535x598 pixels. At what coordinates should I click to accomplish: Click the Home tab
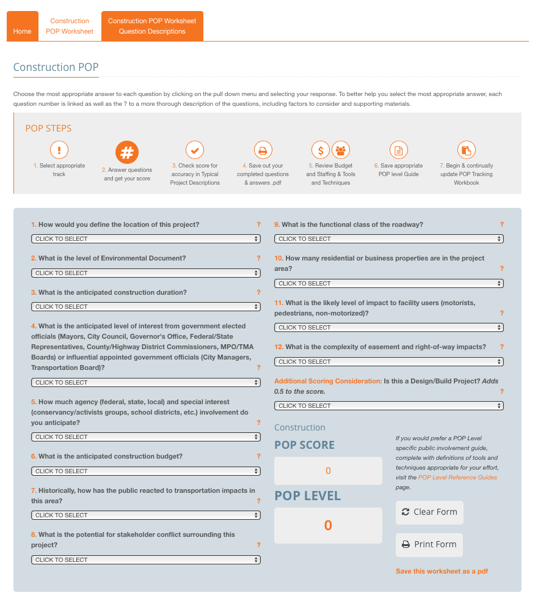click(22, 31)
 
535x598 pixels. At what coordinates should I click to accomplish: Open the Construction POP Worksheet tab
click(70, 26)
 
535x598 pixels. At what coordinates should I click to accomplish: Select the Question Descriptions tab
click(152, 26)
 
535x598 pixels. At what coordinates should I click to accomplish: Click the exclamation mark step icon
click(59, 150)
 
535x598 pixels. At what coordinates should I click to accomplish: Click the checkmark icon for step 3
click(195, 150)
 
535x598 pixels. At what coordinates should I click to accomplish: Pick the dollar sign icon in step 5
click(321, 150)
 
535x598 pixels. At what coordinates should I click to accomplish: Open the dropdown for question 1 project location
click(146, 239)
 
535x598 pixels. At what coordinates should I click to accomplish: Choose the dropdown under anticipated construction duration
click(146, 307)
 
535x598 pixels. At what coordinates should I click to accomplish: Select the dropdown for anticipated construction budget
click(146, 471)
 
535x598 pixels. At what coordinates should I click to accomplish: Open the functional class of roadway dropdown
click(389, 239)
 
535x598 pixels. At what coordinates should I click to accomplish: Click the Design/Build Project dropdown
click(389, 406)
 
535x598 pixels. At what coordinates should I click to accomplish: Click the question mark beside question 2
click(258, 259)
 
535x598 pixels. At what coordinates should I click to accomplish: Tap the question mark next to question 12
click(501, 347)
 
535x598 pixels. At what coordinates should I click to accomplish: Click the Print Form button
click(429, 545)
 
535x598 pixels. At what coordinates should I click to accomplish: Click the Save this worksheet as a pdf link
click(442, 572)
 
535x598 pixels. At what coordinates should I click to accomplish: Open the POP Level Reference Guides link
click(457, 478)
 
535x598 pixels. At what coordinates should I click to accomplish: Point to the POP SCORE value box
click(328, 471)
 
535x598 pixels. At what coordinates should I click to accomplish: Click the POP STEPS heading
click(48, 128)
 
